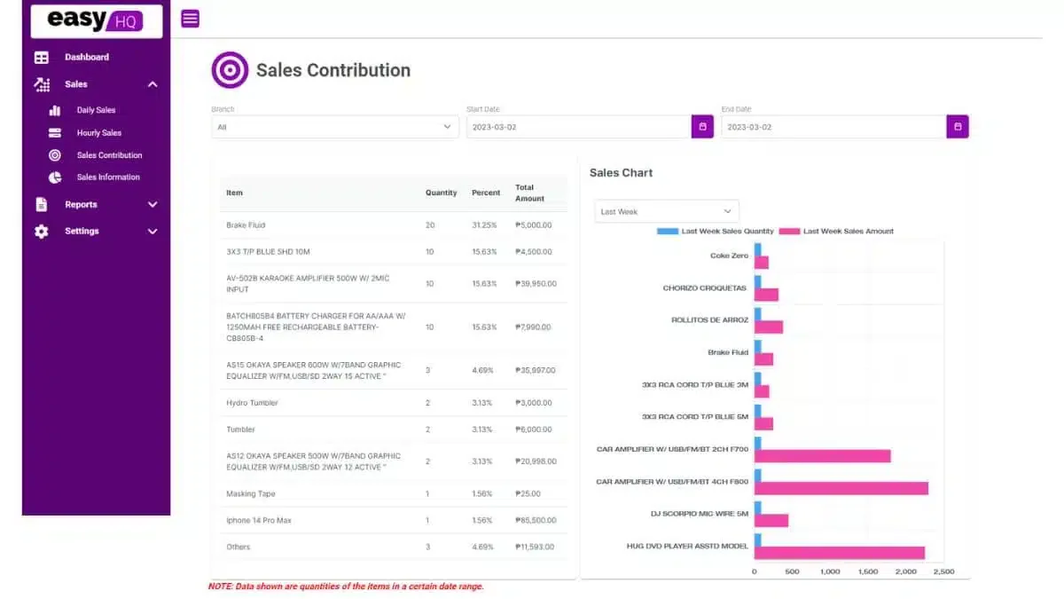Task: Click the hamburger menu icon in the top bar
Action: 190,19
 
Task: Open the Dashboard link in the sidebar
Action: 87,57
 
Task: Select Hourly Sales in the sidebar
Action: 98,132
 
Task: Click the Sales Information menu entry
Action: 108,177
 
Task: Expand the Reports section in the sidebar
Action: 81,204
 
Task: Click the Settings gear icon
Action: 42,232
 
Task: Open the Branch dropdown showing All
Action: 335,127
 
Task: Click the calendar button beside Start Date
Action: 702,126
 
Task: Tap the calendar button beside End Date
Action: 957,126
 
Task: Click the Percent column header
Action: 486,193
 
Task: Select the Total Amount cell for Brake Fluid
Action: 534,225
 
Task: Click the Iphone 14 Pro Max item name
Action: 259,520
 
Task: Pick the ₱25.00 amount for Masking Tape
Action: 528,493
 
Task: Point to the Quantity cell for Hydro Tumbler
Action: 427,403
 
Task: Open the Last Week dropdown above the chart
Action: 666,211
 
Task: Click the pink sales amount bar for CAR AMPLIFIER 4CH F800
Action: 841,488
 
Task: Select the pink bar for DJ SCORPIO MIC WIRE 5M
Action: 771,521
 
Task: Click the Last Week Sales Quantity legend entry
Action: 715,231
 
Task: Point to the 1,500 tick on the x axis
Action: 867,571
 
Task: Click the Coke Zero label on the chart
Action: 729,256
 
